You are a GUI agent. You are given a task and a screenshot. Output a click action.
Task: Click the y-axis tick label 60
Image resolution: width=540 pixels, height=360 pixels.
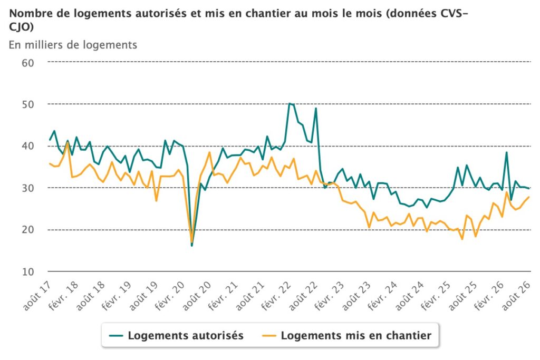pyautogui.click(x=28, y=63)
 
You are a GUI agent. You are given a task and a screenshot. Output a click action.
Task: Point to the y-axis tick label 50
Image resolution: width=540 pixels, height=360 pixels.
pyautogui.click(x=28, y=105)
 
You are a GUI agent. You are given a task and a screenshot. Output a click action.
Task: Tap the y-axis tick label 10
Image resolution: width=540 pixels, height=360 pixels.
pyautogui.click(x=28, y=271)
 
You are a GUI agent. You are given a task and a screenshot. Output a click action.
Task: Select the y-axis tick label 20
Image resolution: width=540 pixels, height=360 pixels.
pyautogui.click(x=28, y=230)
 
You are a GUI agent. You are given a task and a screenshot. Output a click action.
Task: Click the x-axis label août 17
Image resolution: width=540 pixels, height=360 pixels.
pyautogui.click(x=37, y=296)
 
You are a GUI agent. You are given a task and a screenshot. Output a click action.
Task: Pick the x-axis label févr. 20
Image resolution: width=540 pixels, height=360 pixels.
pyautogui.click(x=170, y=297)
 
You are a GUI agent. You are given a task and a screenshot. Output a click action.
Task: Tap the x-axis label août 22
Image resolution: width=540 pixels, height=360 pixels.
pyautogui.click(x=303, y=296)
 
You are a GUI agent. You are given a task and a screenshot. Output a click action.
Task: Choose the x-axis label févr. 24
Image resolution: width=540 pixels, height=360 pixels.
pyautogui.click(x=383, y=297)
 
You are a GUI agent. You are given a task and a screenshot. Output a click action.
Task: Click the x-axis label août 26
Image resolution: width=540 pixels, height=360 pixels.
pyautogui.click(x=516, y=296)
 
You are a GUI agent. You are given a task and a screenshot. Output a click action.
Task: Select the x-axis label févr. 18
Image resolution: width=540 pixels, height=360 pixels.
pyautogui.click(x=64, y=297)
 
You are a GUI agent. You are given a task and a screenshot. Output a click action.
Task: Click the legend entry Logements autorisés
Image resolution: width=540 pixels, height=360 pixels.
pyautogui.click(x=176, y=335)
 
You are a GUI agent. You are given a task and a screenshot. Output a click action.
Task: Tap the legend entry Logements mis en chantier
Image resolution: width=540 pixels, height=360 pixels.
pyautogui.click(x=347, y=335)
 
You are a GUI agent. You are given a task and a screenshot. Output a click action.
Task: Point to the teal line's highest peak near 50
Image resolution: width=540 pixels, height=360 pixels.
pyautogui.click(x=290, y=103)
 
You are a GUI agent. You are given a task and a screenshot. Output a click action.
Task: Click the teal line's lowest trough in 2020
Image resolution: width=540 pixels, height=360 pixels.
pyautogui.click(x=192, y=246)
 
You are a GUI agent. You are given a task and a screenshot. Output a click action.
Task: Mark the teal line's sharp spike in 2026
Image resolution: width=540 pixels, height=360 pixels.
pyautogui.click(x=507, y=152)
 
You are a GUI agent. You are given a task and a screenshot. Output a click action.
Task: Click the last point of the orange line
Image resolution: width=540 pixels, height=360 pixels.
pyautogui.click(x=528, y=197)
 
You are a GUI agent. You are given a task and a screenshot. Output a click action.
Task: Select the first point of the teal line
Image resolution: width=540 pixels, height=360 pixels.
pyautogui.click(x=50, y=140)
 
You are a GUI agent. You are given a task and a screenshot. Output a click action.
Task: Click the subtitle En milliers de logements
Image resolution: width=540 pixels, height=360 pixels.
pyautogui.click(x=73, y=45)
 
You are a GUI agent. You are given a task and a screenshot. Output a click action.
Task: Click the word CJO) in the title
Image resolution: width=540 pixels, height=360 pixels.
pyautogui.click(x=21, y=27)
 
